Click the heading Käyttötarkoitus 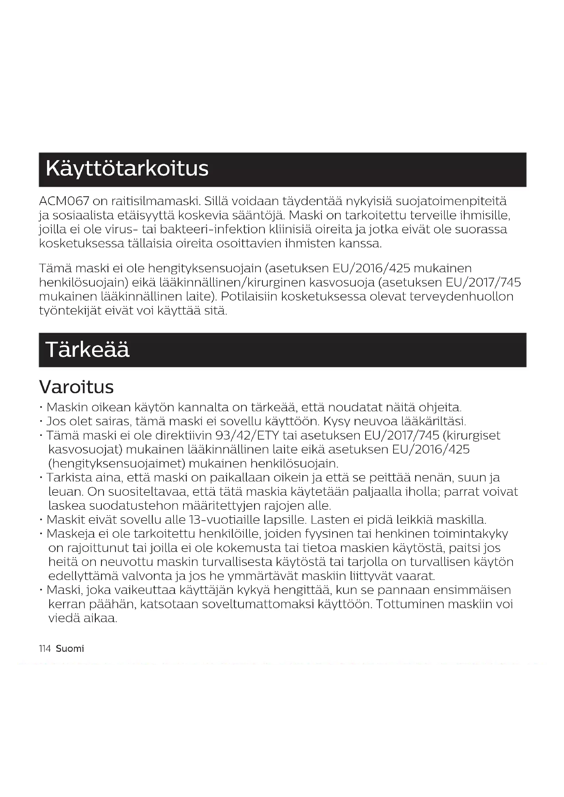tap(127, 169)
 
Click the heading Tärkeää tap(87, 350)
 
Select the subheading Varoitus tap(76, 387)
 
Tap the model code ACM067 tap(64, 201)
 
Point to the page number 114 tap(45, 649)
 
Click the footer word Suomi tap(70, 649)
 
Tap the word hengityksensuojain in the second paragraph tap(205, 268)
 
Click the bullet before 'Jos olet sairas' tap(41, 422)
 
